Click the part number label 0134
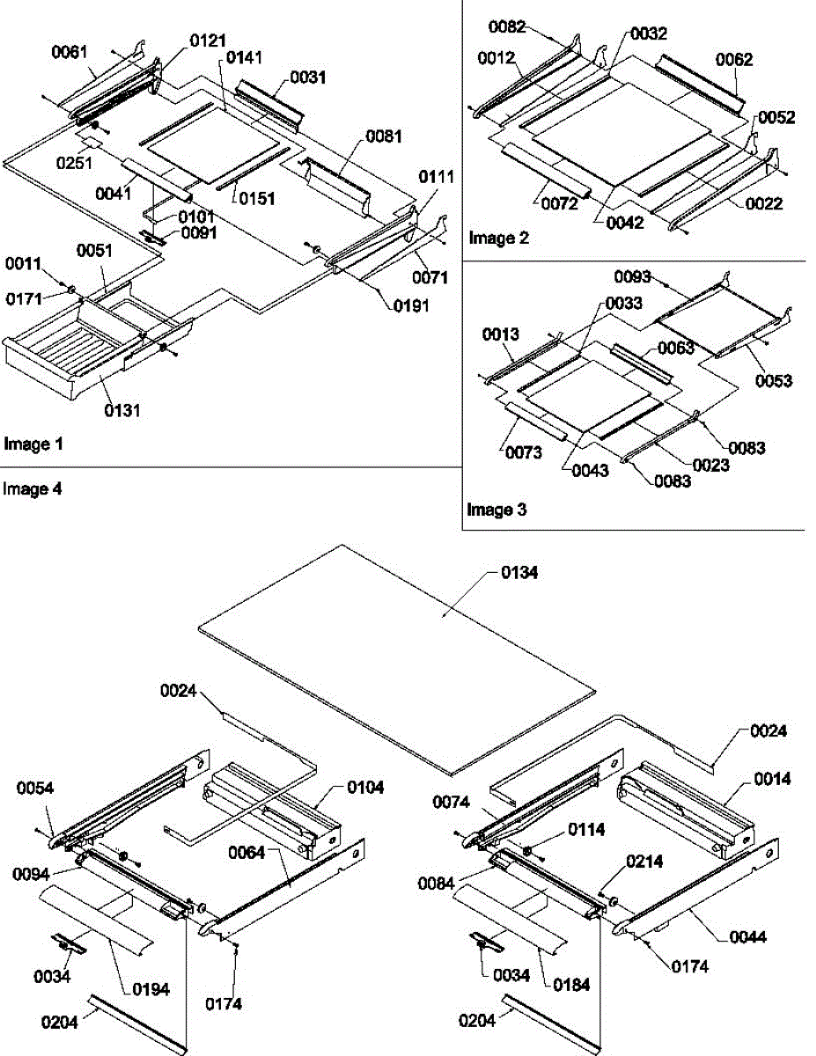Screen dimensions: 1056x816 pos(520,574)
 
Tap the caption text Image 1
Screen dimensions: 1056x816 pos(33,444)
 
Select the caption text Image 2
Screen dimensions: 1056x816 pos(499,238)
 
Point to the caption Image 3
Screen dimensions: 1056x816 pos(496,510)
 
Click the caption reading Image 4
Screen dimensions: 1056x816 pos(33,489)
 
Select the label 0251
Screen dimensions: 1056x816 pos(68,163)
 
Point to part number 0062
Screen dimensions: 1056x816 pos(733,61)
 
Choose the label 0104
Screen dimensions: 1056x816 pos(364,788)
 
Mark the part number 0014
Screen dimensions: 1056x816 pos(771,779)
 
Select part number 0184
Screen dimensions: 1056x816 pos(571,985)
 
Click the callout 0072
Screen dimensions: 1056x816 pos(559,205)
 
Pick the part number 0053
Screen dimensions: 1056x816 pos(774,381)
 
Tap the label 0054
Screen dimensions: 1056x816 pos(35,788)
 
